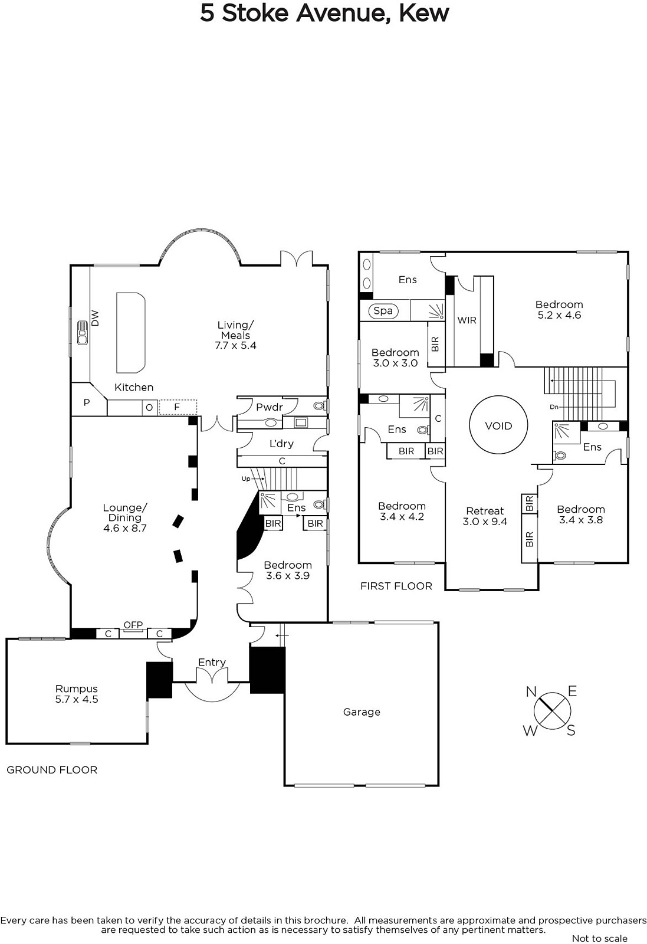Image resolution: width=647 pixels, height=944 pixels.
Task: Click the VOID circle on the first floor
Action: tap(498, 425)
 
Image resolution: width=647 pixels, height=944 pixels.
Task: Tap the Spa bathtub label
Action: tap(383, 310)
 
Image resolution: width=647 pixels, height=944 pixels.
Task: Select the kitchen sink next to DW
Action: tap(82, 333)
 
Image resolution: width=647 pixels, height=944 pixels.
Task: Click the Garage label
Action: tap(362, 712)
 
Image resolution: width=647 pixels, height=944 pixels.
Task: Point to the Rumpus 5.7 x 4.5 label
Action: tap(77, 694)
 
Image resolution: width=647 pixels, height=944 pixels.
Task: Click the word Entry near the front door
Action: tap(212, 662)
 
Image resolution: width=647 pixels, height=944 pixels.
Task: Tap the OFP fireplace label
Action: tap(133, 625)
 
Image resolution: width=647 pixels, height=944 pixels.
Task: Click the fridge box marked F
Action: tap(178, 407)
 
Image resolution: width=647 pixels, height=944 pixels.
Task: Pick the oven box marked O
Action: tap(149, 408)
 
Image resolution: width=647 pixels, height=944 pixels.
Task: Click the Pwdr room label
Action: tap(269, 407)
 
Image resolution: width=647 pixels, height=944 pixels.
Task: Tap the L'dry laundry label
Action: tap(281, 443)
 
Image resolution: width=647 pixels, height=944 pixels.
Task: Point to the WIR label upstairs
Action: tap(467, 320)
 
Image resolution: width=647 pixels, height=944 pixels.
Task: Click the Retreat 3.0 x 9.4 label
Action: tap(485, 516)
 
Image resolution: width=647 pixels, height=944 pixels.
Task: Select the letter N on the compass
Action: tap(531, 691)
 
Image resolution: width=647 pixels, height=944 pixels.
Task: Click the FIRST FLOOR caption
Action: tap(396, 586)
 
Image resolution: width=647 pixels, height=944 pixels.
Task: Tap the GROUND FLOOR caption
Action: tap(52, 770)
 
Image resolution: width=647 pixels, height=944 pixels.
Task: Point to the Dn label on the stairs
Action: tap(554, 407)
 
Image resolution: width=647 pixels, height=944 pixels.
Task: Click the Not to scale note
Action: tap(600, 938)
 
